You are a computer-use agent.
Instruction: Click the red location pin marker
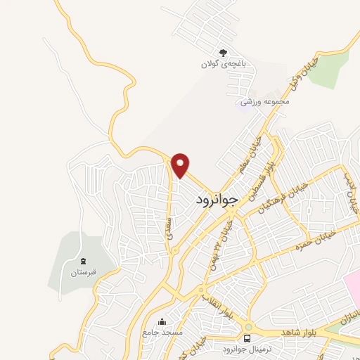[x=181, y=165]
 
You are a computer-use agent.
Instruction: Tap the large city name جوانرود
[x=219, y=200]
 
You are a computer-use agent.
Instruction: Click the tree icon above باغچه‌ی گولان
[x=223, y=52]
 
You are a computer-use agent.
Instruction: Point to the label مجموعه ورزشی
[x=265, y=102]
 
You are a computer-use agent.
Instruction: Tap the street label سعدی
[x=169, y=226]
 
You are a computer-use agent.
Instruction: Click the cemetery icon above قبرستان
[x=82, y=261]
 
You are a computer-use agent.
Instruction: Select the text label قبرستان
[x=82, y=272]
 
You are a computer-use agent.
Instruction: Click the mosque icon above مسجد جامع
[x=163, y=322]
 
